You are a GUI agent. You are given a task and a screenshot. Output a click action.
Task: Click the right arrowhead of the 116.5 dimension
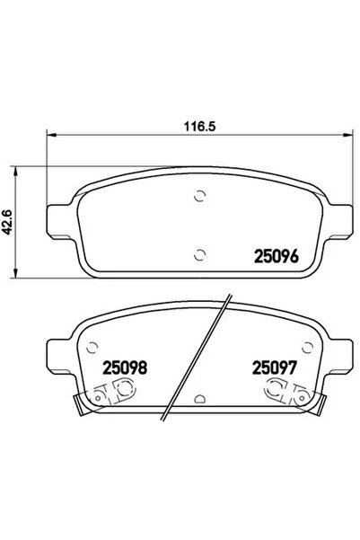(x=351, y=140)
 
